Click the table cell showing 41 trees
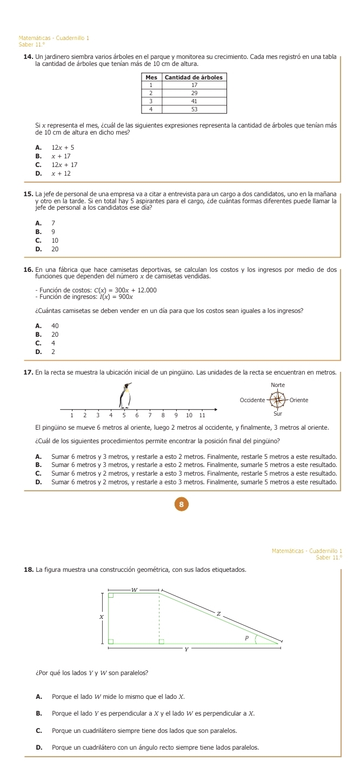click(194, 101)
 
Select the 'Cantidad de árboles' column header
click(194, 77)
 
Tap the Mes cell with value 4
click(152, 109)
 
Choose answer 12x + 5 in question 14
click(63, 148)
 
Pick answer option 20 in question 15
click(55, 249)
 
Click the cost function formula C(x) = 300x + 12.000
click(125, 290)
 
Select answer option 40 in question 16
click(55, 325)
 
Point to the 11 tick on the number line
click(202, 415)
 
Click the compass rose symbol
click(279, 400)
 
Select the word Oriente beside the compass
click(298, 400)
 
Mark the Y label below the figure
click(186, 650)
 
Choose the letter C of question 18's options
click(39, 730)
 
